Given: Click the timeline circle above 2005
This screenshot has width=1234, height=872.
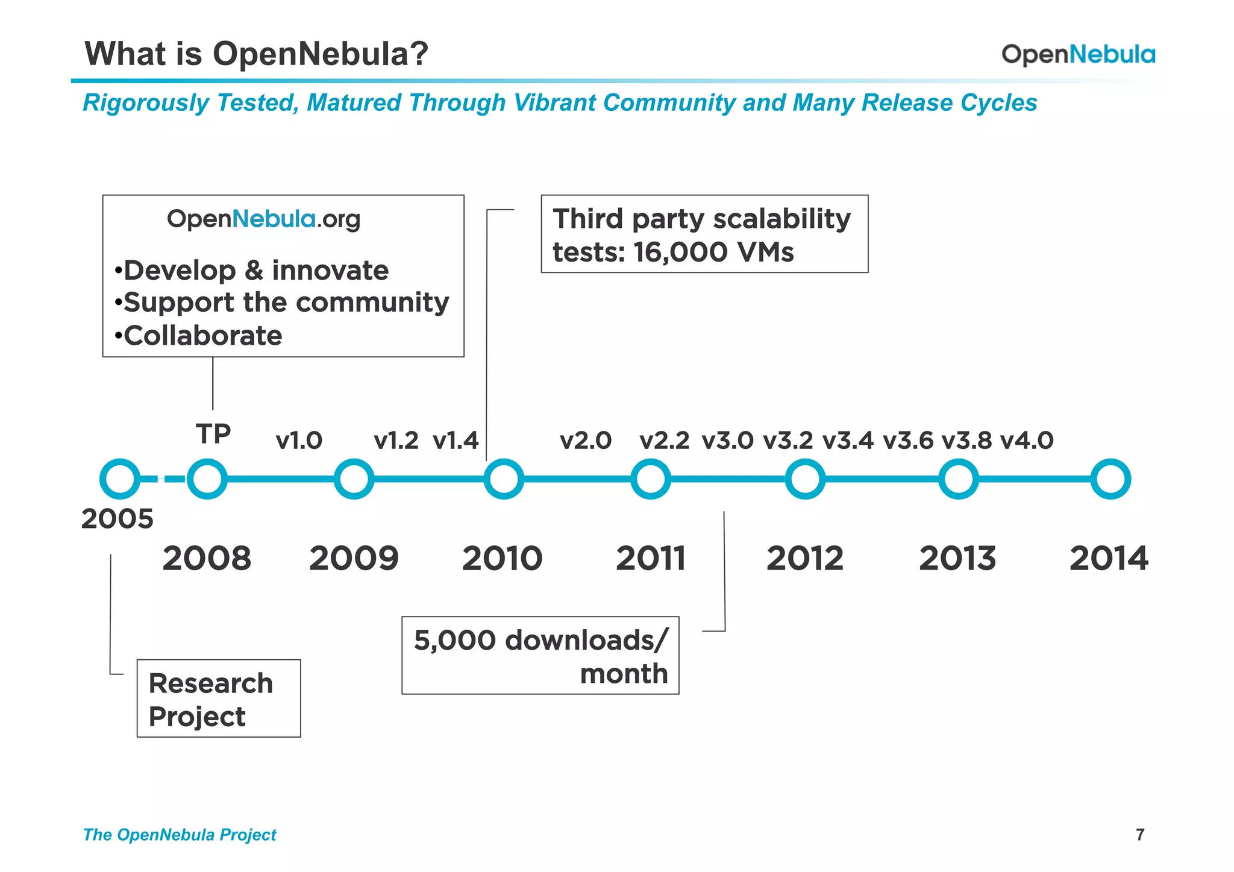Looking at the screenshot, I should (120, 479).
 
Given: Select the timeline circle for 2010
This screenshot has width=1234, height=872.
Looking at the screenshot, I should (504, 479).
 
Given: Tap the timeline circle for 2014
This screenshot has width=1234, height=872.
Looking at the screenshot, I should (1110, 479).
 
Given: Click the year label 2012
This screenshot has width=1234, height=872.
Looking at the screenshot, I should (804, 558).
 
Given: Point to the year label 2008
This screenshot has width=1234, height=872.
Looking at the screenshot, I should (207, 558).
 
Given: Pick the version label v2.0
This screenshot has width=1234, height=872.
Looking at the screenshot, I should (585, 441).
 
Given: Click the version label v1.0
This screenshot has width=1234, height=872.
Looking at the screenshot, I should (299, 441).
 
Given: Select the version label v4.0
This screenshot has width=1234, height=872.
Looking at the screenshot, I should (1027, 441).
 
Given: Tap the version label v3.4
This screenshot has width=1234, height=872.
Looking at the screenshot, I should (848, 441).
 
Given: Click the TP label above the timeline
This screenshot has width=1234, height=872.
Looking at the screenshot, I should (213, 434).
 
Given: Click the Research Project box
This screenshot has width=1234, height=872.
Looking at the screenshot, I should (219, 698).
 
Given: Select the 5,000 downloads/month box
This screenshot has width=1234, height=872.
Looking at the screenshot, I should (540, 656).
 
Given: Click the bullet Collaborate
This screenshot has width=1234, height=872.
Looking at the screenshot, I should (202, 336).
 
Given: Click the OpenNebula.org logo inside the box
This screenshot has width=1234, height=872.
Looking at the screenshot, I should (263, 219).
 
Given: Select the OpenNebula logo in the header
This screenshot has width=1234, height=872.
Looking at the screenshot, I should (1078, 54).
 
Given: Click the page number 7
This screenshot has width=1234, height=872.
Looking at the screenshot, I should (1139, 835).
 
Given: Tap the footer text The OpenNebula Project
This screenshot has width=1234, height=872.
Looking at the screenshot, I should (180, 835).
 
